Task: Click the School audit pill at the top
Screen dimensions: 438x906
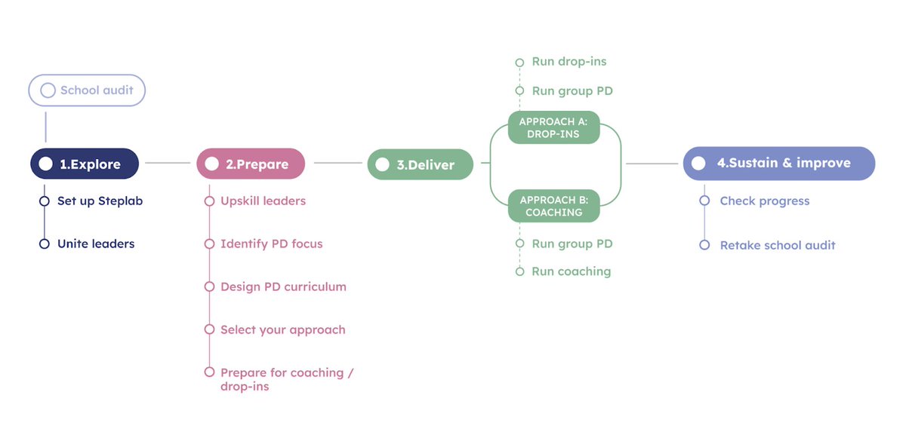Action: tap(87, 90)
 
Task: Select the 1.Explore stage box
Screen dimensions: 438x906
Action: tap(85, 164)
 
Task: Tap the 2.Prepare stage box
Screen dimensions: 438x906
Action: tap(251, 164)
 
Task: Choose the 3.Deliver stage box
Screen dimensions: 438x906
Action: tap(421, 164)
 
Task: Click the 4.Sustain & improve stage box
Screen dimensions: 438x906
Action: tap(778, 163)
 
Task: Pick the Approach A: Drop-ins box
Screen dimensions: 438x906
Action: tap(553, 128)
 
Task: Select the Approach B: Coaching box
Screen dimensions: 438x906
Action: tap(553, 206)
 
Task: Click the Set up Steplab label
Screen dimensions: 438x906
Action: tap(100, 201)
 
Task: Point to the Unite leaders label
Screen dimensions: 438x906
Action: tap(96, 244)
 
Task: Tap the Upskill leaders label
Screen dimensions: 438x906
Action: tap(263, 201)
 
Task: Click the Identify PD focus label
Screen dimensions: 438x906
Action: tap(271, 244)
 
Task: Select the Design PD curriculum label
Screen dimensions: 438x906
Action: tap(283, 287)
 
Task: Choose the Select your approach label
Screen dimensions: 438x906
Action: tap(282, 330)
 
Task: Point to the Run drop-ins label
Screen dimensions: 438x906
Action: tap(569, 62)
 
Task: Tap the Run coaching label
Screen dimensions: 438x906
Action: tap(571, 271)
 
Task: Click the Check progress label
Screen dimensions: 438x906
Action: tap(764, 201)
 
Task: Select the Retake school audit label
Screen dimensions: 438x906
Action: tap(778, 245)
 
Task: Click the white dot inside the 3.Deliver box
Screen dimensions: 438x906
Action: tap(383, 164)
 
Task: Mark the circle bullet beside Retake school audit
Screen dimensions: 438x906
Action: tap(704, 245)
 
